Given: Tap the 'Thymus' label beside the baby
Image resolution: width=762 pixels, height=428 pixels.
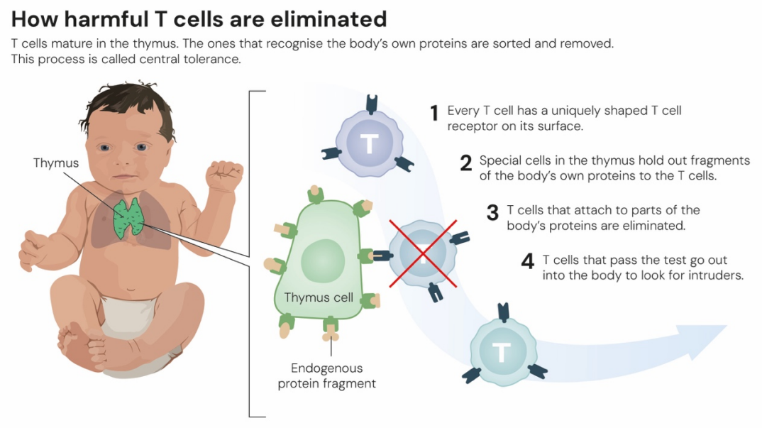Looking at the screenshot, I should point(56,163).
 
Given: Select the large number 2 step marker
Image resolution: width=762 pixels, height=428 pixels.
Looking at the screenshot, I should point(465,164).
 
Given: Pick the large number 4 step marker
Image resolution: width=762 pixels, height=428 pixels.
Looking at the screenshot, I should point(527,262).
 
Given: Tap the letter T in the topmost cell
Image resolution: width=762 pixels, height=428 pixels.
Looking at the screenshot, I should point(369,144).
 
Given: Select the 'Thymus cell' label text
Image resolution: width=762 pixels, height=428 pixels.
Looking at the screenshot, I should point(319,297).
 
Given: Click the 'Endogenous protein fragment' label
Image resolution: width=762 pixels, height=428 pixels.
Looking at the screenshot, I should point(326,376).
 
